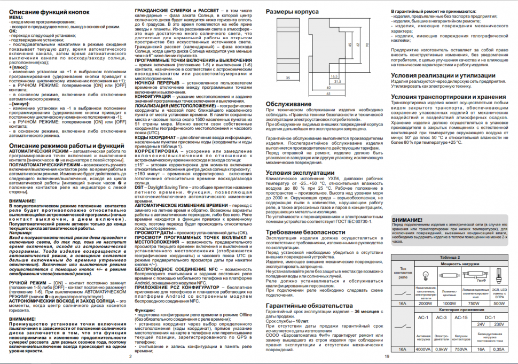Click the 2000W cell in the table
click(x=426, y=303)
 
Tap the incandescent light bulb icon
click(x=425, y=275)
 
